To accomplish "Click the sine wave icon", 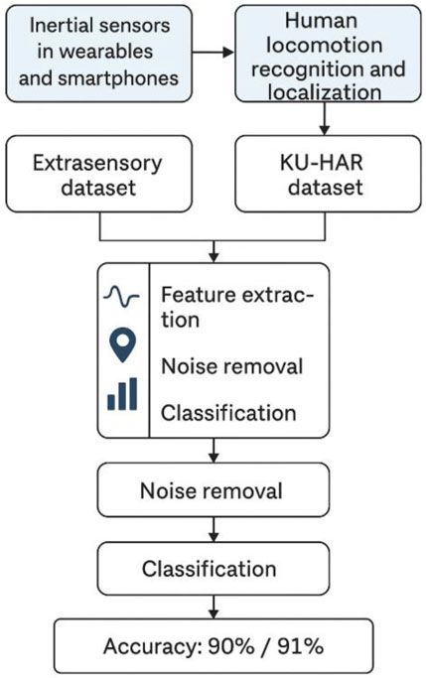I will (122, 297).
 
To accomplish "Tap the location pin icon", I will (122, 344).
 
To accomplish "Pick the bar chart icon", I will (122, 394).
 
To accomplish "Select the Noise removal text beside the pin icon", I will (230, 365).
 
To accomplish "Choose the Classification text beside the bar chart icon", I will (227, 411).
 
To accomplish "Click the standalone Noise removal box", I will (211, 490).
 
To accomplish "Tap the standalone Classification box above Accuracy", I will (211, 569).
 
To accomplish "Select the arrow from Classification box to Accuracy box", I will (212, 605).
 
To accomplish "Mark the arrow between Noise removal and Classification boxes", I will (212, 527).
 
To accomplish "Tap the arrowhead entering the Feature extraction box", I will (212, 256).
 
